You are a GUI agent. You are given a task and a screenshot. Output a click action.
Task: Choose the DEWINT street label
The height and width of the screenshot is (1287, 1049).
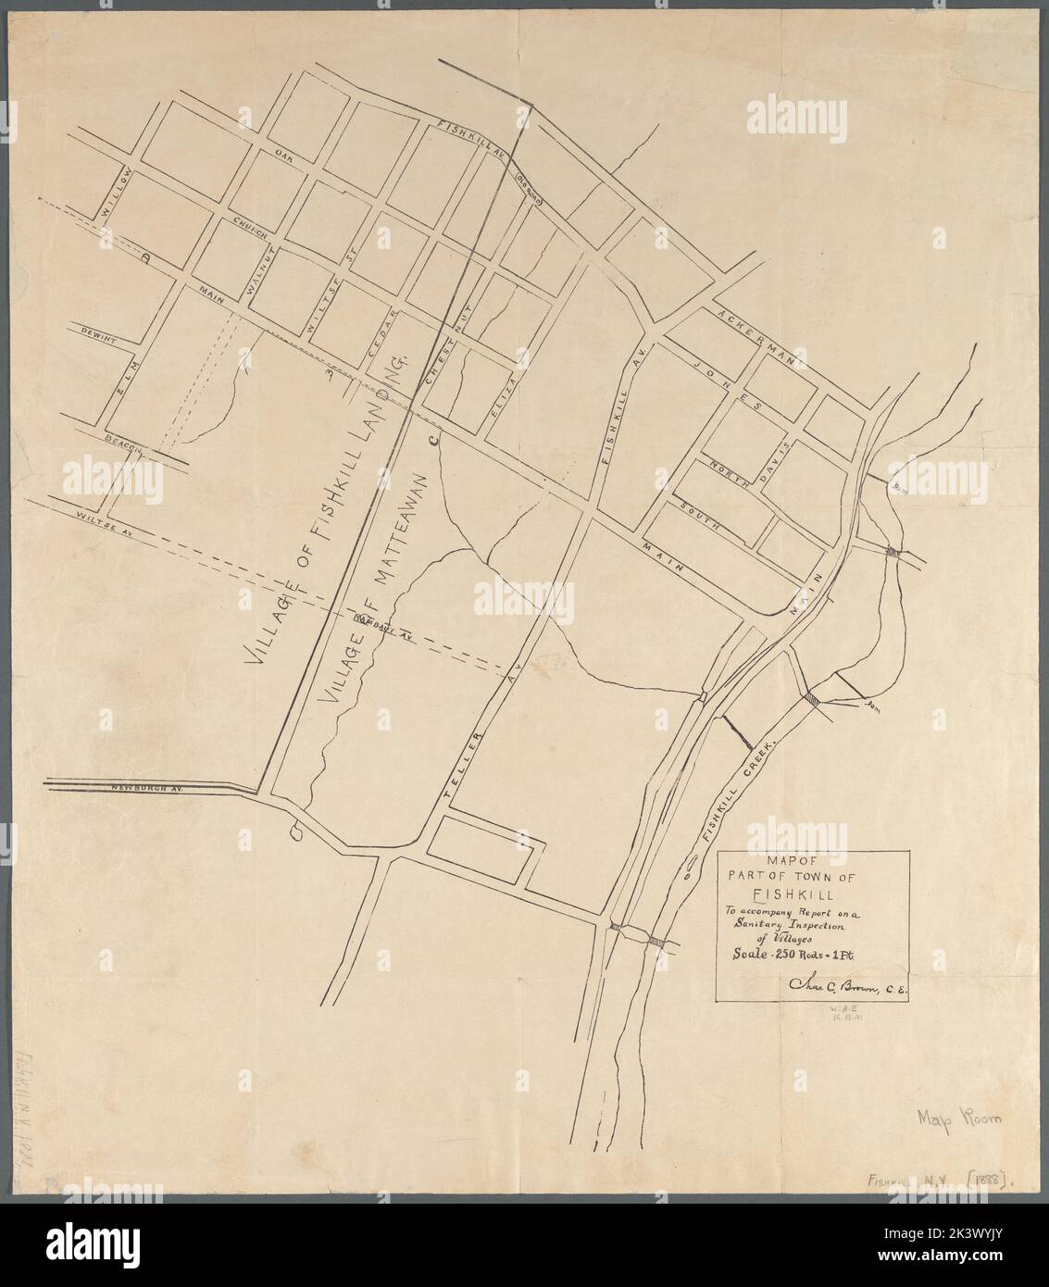(97, 338)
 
